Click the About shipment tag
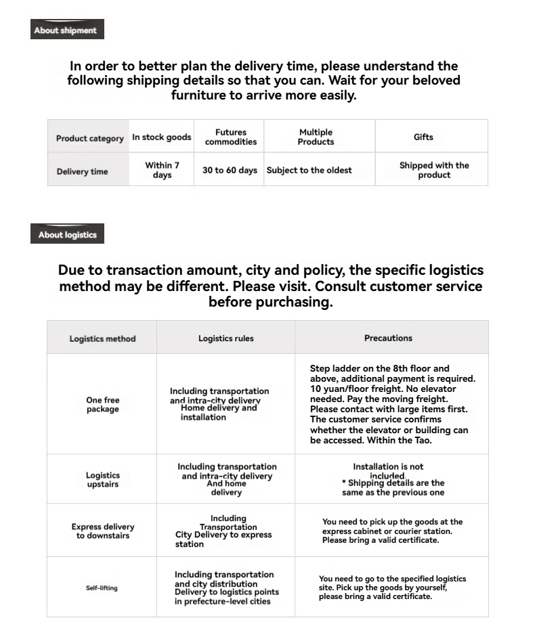click(x=66, y=30)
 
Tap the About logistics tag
click(x=67, y=235)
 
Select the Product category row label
click(x=89, y=138)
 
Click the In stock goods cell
click(x=162, y=137)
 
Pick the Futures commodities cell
click(x=230, y=137)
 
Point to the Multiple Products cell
click(x=316, y=137)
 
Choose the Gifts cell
click(x=423, y=137)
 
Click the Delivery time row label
click(x=82, y=171)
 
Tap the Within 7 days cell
click(x=162, y=170)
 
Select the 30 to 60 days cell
click(x=230, y=171)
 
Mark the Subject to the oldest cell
click(x=309, y=171)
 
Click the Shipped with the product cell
click(x=434, y=170)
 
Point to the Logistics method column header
click(x=102, y=338)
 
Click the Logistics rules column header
click(x=226, y=338)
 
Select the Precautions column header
click(x=388, y=338)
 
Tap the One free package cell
click(x=102, y=405)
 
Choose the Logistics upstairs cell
click(x=102, y=480)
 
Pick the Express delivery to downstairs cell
click(x=103, y=531)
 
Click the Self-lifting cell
click(x=102, y=588)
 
